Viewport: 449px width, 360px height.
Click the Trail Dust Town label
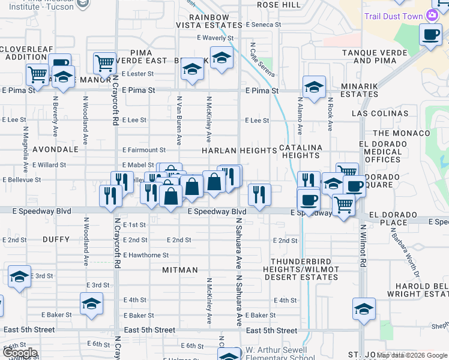point(393,16)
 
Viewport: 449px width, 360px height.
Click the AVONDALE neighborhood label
point(56,149)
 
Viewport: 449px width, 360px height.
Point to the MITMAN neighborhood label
point(180,270)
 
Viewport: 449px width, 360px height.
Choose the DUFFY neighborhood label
point(57,239)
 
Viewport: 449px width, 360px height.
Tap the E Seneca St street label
point(264,25)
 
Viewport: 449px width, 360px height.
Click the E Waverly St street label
point(214,38)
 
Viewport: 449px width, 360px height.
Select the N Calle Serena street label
point(262,59)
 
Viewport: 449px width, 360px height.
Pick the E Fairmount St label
point(143,150)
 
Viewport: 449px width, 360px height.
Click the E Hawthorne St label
point(145,255)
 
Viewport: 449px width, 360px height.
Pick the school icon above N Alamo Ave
point(314,87)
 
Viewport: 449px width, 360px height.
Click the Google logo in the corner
point(20,353)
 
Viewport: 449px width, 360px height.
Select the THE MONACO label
point(402,133)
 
